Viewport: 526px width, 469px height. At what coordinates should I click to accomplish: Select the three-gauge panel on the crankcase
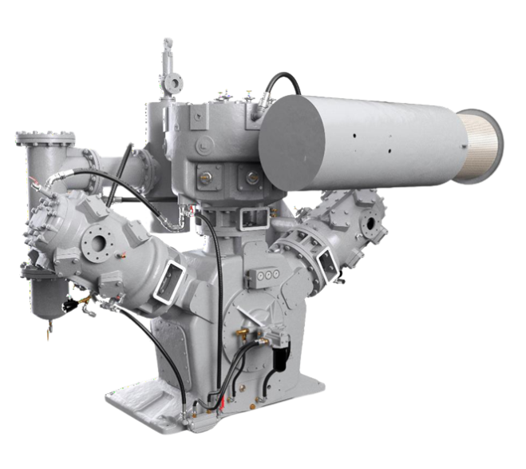click(x=263, y=274)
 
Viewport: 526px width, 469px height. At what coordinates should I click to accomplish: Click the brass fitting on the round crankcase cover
click(x=237, y=329)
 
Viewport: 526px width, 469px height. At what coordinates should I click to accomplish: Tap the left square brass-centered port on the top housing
click(x=205, y=174)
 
